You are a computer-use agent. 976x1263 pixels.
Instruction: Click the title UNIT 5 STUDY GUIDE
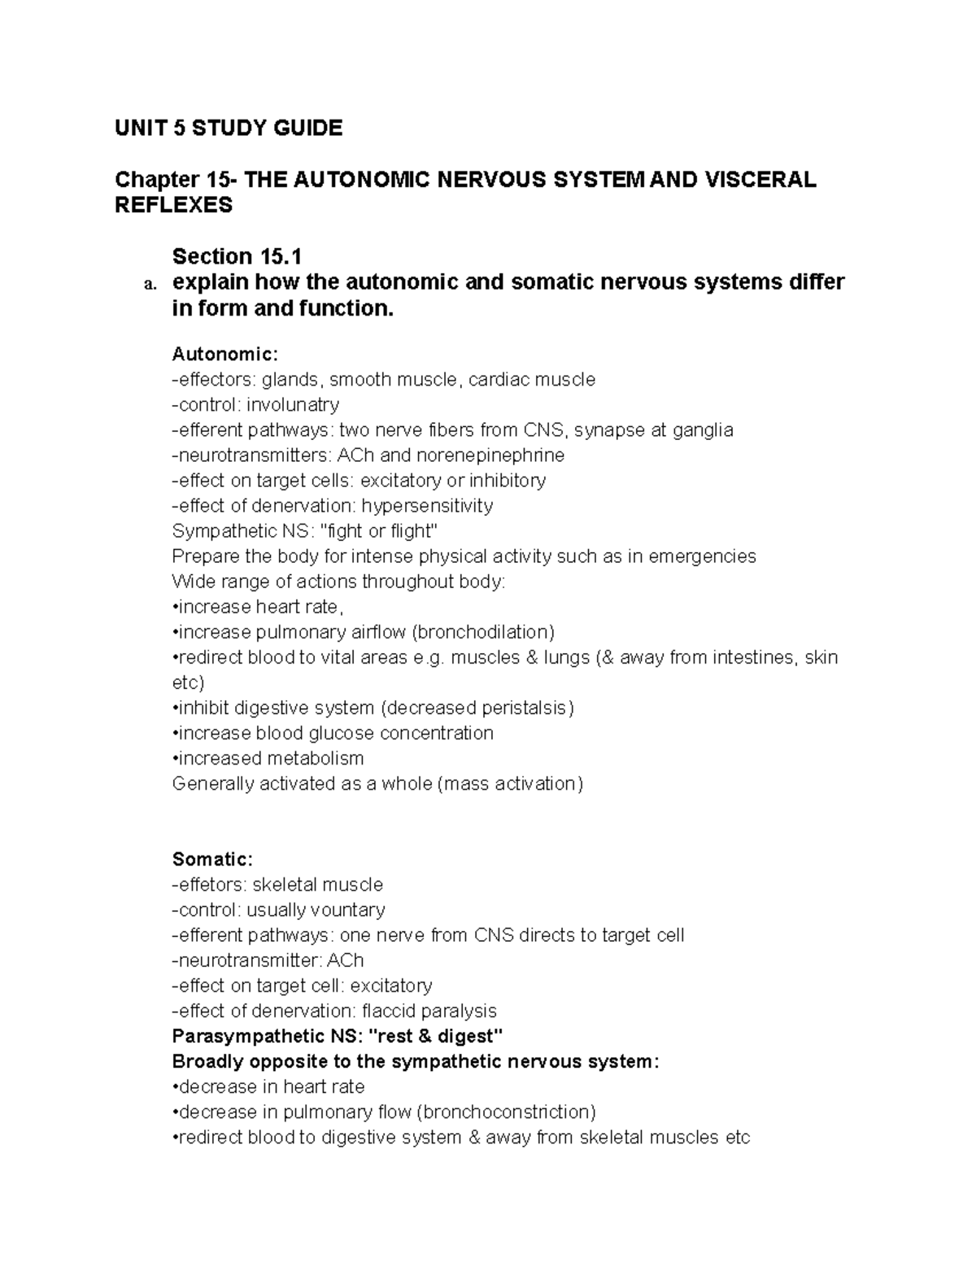[229, 128]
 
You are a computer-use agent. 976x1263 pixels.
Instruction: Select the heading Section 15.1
[237, 256]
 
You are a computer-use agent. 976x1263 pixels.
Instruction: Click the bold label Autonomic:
[225, 354]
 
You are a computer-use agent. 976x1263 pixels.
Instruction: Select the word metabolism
[316, 758]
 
